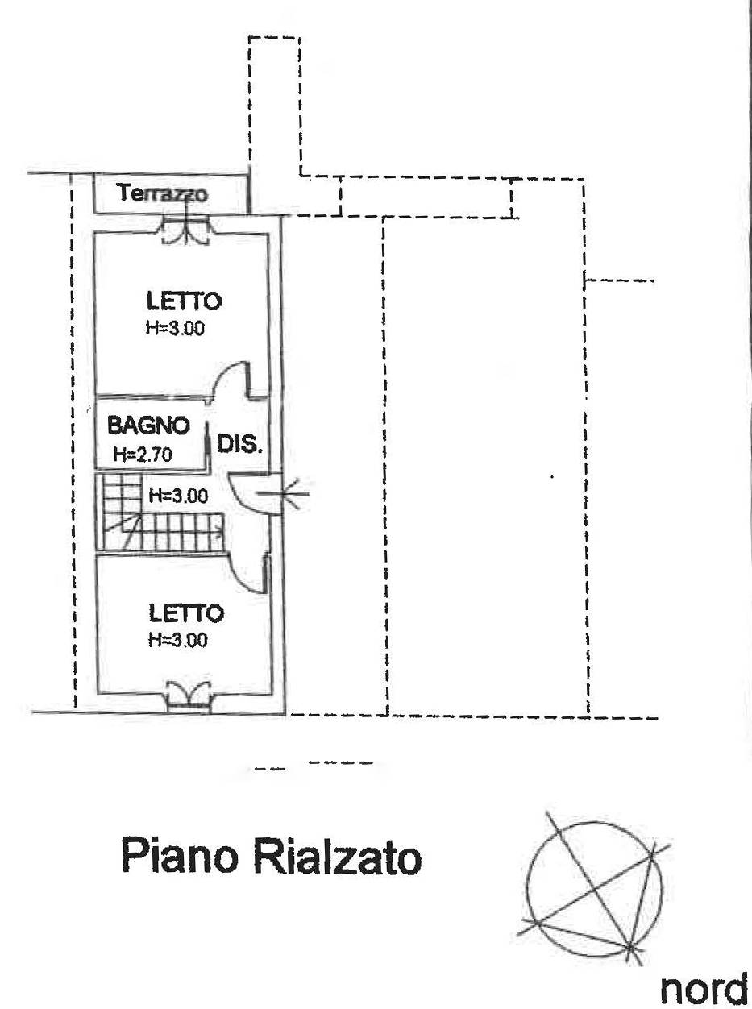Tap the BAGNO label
[149, 425]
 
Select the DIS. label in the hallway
[241, 444]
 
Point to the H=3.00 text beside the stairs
[177, 495]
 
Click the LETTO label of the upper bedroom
[184, 301]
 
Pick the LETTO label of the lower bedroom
[186, 613]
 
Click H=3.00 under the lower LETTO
[178, 640]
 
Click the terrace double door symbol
[187, 229]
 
